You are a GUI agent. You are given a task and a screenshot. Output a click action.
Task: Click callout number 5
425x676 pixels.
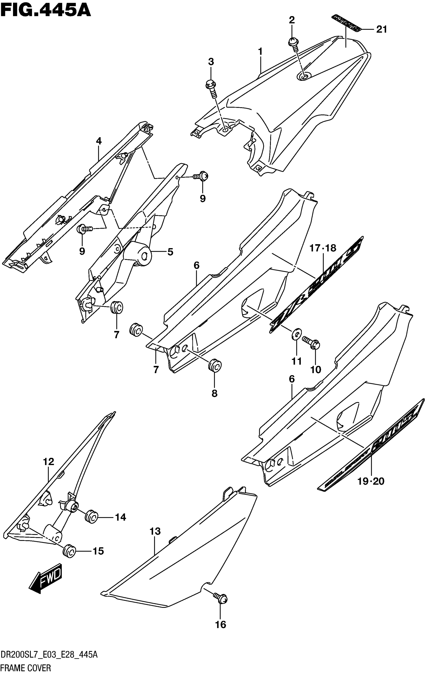click(170, 252)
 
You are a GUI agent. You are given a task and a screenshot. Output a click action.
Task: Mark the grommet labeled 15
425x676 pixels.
click(69, 551)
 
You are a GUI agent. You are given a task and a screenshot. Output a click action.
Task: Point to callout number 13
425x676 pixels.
click(155, 531)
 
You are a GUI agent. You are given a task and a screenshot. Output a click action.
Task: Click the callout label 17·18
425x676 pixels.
click(323, 248)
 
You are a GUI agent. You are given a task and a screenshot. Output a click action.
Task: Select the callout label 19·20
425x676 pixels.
click(370, 481)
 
